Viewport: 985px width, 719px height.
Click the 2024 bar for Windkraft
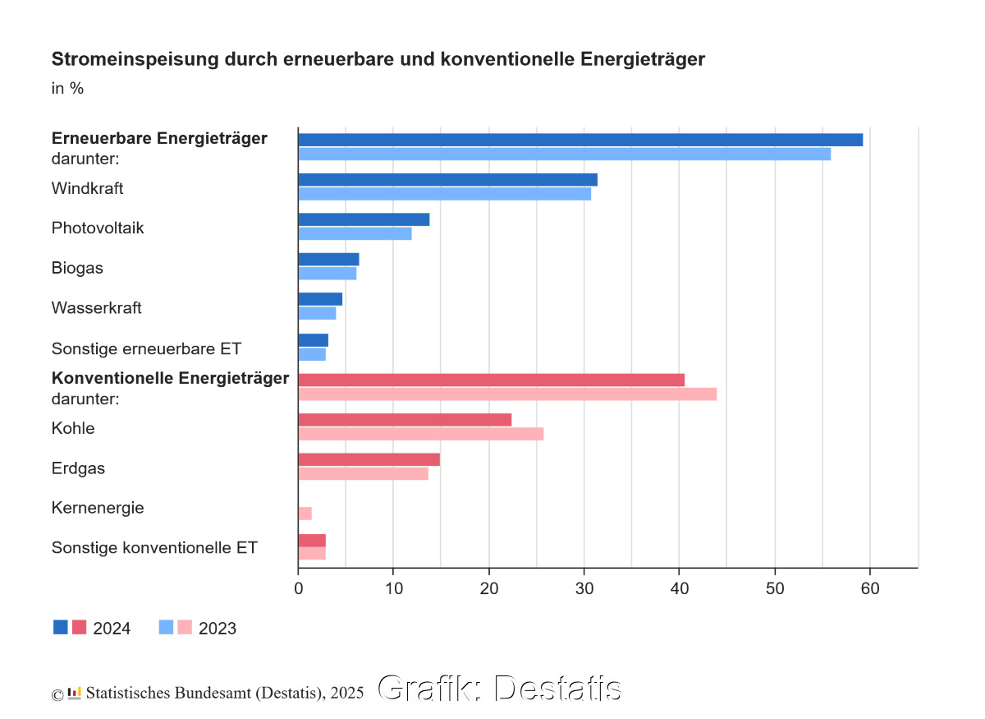(447, 180)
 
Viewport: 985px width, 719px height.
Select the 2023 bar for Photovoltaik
(355, 233)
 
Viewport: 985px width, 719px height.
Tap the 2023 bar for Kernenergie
(305, 514)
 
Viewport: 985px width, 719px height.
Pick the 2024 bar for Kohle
(405, 420)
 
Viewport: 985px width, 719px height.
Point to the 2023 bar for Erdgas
(363, 473)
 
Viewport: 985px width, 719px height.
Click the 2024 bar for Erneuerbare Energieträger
(580, 140)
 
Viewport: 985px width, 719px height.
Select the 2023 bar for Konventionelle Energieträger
(507, 394)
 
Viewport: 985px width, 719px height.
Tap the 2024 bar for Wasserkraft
(320, 299)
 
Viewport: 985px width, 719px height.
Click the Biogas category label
(77, 268)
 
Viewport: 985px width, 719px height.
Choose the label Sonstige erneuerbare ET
(146, 348)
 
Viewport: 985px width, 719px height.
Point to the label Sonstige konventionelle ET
(154, 547)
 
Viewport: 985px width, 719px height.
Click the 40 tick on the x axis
(679, 588)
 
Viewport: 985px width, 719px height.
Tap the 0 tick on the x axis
(298, 588)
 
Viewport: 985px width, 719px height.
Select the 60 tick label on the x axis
(869, 588)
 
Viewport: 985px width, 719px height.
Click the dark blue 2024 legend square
(61, 627)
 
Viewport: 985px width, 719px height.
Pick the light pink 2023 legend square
(185, 627)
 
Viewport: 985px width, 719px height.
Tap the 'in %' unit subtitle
(67, 88)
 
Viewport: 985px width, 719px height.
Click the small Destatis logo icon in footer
(75, 692)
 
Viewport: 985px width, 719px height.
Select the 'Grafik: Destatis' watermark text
(499, 689)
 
